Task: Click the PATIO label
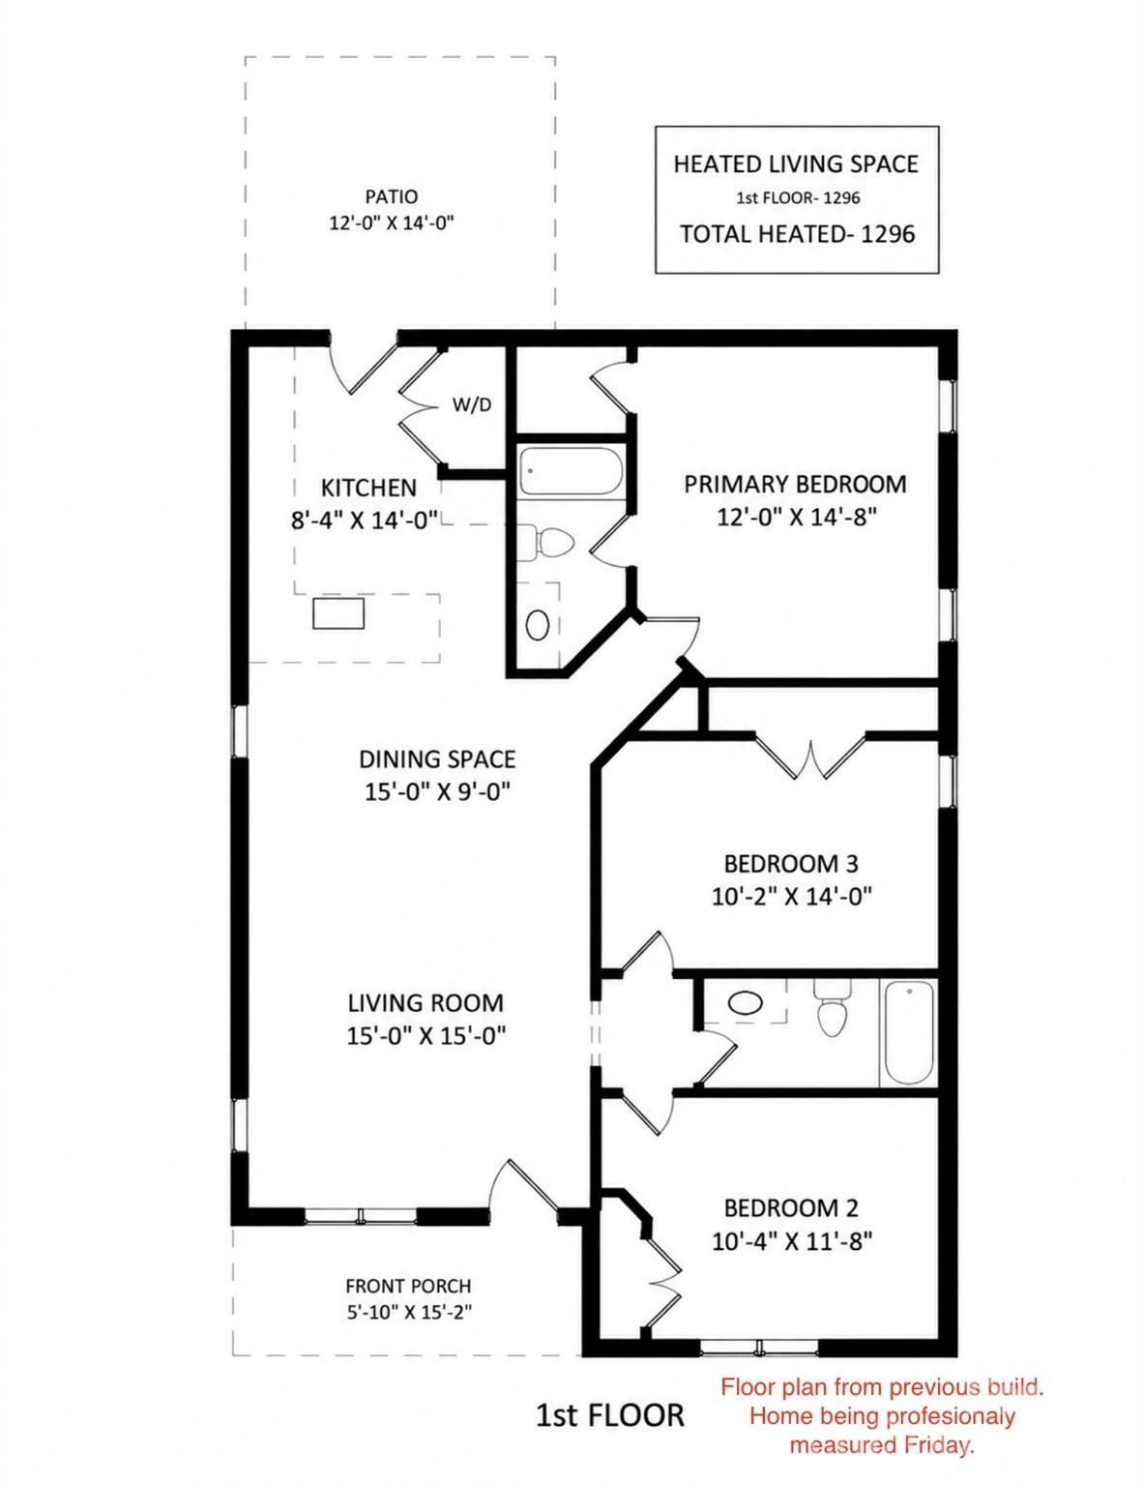[x=391, y=197]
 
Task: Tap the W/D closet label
[x=472, y=404]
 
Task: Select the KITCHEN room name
[x=368, y=488]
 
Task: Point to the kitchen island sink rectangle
[x=338, y=612]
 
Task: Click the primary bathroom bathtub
[x=571, y=470]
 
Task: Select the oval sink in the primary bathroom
[x=538, y=624]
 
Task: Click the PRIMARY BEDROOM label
[x=795, y=484]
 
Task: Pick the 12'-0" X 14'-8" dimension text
[x=796, y=517]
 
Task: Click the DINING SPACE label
[x=437, y=759]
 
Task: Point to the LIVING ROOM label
[x=425, y=1002]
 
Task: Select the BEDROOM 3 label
[x=791, y=864]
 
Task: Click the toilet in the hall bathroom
[x=832, y=1008]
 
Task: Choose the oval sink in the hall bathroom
[x=745, y=1004]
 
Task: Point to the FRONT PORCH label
[x=409, y=1287]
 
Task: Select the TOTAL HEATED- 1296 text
[x=797, y=234]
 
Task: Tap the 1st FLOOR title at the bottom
[x=609, y=1414]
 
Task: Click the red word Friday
[x=938, y=1445]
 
